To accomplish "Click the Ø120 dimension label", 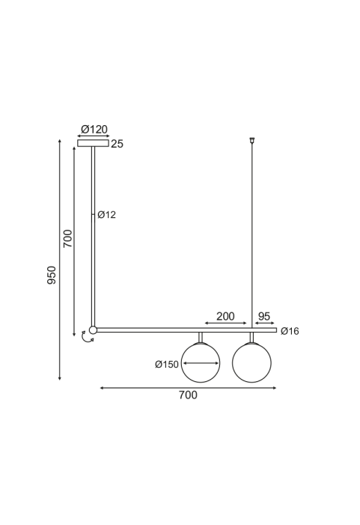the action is coord(94,130).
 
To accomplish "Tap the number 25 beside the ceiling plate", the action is coord(117,144).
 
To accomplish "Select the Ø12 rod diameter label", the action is coord(106,215).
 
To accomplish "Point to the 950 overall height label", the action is coord(52,275).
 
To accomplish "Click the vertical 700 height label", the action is coord(67,238).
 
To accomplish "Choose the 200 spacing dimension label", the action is coord(225,316).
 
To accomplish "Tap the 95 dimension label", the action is coord(264,316).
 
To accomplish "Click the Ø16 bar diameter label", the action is coord(290,331).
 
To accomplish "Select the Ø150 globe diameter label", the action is coord(167,364).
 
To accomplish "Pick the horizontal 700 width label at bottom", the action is coord(188,395).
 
